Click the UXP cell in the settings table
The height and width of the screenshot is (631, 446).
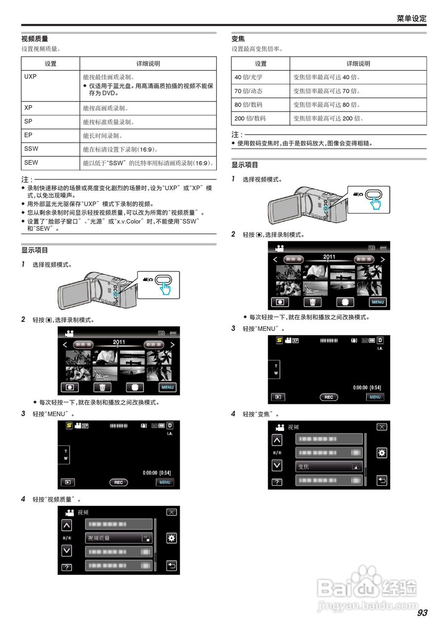31,77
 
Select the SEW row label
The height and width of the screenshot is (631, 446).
31,162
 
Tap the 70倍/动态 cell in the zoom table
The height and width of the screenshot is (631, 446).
248,91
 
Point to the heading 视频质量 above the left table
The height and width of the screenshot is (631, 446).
34,39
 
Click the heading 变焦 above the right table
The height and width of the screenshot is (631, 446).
238,39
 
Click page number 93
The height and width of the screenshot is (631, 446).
422,613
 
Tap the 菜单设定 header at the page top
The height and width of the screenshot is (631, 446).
412,18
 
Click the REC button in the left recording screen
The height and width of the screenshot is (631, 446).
118,483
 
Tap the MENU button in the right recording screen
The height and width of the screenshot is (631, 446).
375,397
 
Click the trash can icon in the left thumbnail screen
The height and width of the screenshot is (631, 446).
103,387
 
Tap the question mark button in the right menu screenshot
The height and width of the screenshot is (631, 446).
277,482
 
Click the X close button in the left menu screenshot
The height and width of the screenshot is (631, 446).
171,512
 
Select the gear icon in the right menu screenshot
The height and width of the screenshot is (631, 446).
381,453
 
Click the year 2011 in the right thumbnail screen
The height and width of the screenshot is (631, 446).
329,257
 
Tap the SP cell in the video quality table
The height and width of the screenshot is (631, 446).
28,121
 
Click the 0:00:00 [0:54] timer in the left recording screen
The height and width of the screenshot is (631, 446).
157,472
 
